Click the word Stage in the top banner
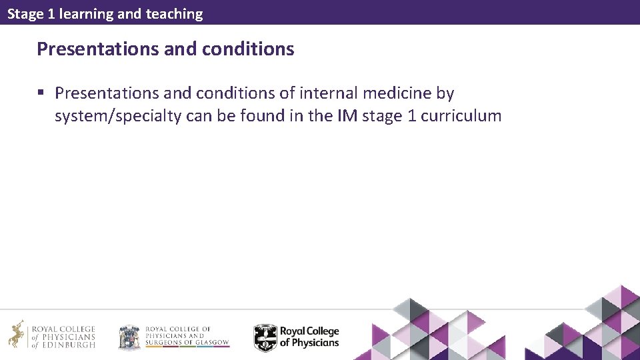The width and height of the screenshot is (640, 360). click(x=25, y=14)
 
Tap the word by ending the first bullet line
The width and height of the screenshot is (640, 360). click(x=445, y=93)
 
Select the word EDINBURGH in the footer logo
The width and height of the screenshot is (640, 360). click(x=69, y=345)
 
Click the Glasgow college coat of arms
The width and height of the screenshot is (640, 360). click(x=129, y=337)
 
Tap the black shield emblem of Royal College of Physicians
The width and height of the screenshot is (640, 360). click(x=265, y=337)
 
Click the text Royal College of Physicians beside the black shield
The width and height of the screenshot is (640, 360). click(x=309, y=337)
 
